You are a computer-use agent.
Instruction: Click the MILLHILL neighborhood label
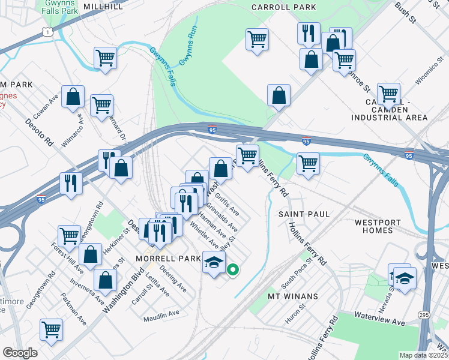(103, 7)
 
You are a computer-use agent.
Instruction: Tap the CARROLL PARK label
(283, 7)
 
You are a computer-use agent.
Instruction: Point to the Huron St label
(296, 316)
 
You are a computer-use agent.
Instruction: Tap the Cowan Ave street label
(56, 102)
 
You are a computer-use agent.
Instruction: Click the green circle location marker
(233, 270)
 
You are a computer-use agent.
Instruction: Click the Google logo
(20, 353)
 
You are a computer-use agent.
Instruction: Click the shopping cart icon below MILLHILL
(105, 58)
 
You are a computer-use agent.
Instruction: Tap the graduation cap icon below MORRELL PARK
(214, 262)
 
